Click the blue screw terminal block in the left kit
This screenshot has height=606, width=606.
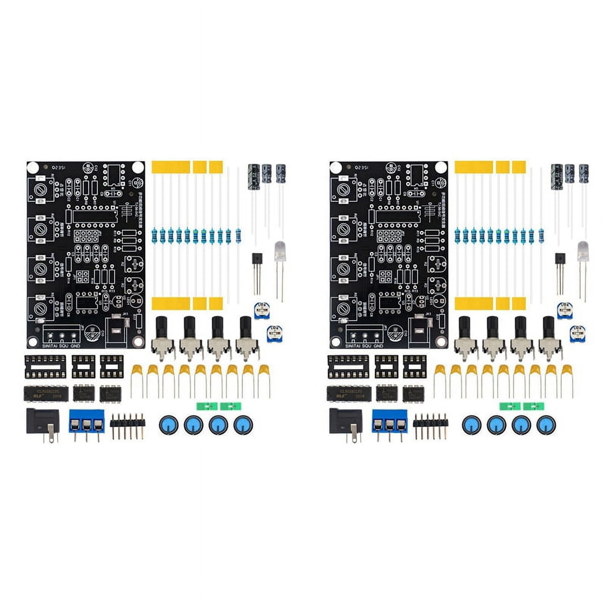tap(86, 421)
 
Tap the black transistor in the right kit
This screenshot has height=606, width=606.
tap(560, 261)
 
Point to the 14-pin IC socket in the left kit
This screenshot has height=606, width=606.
tap(45, 367)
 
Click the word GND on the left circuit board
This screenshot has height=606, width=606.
tap(75, 345)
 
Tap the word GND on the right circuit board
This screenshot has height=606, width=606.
tap(378, 345)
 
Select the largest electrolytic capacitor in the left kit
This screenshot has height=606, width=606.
tap(253, 176)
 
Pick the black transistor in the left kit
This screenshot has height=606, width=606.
tap(257, 261)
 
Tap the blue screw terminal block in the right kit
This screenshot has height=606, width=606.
tap(389, 421)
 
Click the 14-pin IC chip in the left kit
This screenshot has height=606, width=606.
tap(45, 394)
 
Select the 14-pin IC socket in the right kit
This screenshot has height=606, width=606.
tap(348, 367)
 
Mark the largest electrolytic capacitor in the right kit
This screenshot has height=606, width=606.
tap(556, 176)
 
